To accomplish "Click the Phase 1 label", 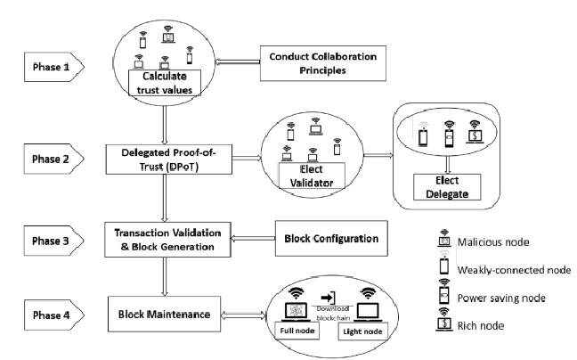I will tap(52, 67).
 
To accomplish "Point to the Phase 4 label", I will tap(52, 315).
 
